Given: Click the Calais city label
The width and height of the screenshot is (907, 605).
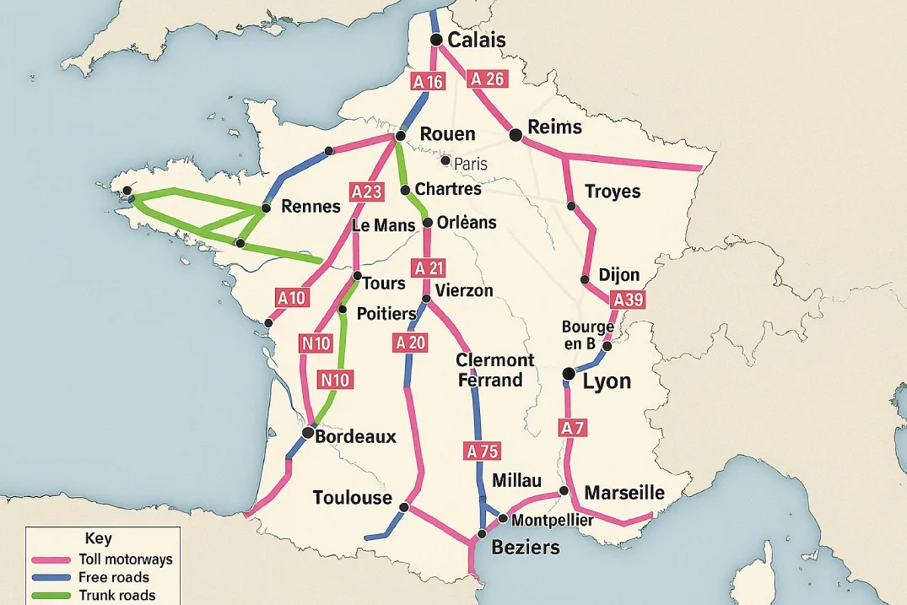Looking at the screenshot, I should [477, 40].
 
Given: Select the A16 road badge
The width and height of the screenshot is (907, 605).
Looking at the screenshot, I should [427, 82].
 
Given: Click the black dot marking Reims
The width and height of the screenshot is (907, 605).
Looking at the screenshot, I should [516, 133].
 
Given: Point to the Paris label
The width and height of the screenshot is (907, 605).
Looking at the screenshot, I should [471, 164].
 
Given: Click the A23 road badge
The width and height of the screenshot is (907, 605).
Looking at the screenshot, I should [366, 192].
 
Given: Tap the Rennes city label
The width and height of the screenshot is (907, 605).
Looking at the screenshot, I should [310, 207].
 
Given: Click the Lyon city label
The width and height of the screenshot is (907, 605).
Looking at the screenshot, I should [607, 381].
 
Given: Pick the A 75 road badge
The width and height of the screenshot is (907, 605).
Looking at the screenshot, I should [483, 451].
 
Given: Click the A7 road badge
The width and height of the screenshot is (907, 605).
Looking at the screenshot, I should [572, 428].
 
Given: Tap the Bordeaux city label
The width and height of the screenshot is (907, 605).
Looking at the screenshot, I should [355, 437].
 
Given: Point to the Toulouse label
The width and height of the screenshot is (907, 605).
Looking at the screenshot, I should [352, 497].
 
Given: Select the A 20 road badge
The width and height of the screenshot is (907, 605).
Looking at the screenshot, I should [411, 342].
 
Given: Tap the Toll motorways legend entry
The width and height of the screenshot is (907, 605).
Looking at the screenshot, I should [125, 559].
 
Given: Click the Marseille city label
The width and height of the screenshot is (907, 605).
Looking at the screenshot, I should [624, 493].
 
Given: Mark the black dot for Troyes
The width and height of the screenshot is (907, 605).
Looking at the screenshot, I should [571, 206].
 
